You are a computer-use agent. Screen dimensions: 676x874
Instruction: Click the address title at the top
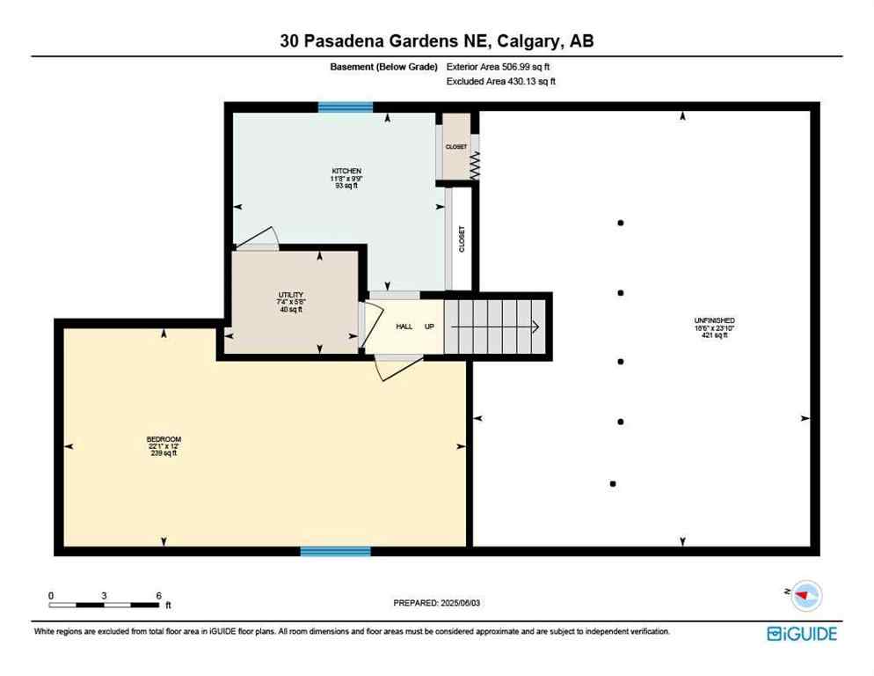(436, 40)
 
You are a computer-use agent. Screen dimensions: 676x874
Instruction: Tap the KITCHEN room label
(346, 171)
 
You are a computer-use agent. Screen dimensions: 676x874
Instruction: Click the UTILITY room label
(291, 297)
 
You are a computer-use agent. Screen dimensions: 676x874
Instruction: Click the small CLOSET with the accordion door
(455, 147)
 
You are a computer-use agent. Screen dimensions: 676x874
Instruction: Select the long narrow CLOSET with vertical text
(461, 239)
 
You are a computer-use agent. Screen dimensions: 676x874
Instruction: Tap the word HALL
(404, 327)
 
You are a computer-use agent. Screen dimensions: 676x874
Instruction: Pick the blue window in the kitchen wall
(346, 107)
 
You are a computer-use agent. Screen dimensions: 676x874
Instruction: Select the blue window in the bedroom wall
(335, 552)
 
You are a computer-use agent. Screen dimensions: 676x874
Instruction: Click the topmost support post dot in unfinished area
(621, 224)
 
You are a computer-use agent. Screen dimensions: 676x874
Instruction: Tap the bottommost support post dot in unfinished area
(613, 483)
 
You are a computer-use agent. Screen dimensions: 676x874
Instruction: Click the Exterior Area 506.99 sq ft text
(500, 66)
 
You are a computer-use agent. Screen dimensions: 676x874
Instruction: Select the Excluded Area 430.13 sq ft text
(501, 81)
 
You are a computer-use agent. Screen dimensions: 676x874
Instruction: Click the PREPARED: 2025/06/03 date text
(437, 603)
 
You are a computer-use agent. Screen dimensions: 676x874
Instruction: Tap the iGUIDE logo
(801, 633)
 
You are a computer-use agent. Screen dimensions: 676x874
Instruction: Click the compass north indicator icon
(803, 597)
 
